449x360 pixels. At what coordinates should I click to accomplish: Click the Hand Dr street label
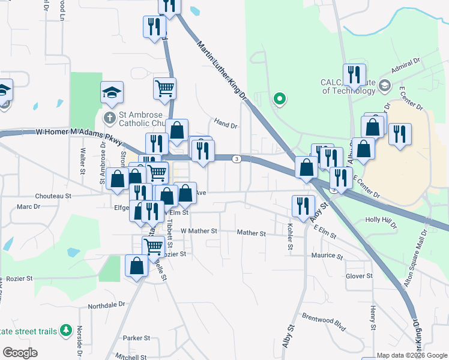pos(226,125)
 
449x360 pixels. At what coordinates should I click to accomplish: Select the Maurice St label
pos(327,256)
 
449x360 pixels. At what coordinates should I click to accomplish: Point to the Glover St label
pos(360,276)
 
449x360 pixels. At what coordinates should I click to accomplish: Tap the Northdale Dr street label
pos(106,305)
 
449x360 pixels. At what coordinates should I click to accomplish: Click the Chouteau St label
pos(53,196)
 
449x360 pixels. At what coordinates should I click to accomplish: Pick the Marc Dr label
pos(28,206)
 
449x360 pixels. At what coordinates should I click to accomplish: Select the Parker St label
pos(136,338)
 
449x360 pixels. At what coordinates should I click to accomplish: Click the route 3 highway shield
pos(238,159)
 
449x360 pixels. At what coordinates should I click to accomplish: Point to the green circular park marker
pos(279,98)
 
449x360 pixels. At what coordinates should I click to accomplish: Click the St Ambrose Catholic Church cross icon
pos(110,117)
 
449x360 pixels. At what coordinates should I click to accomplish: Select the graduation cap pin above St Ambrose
pos(112,93)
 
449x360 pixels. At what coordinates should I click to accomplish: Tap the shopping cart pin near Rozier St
pos(153,246)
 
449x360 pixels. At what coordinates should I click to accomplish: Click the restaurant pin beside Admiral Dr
pos(354,74)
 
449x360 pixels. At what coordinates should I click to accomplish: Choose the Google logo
pos(20,353)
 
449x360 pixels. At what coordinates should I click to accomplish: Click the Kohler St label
pos(290,237)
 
